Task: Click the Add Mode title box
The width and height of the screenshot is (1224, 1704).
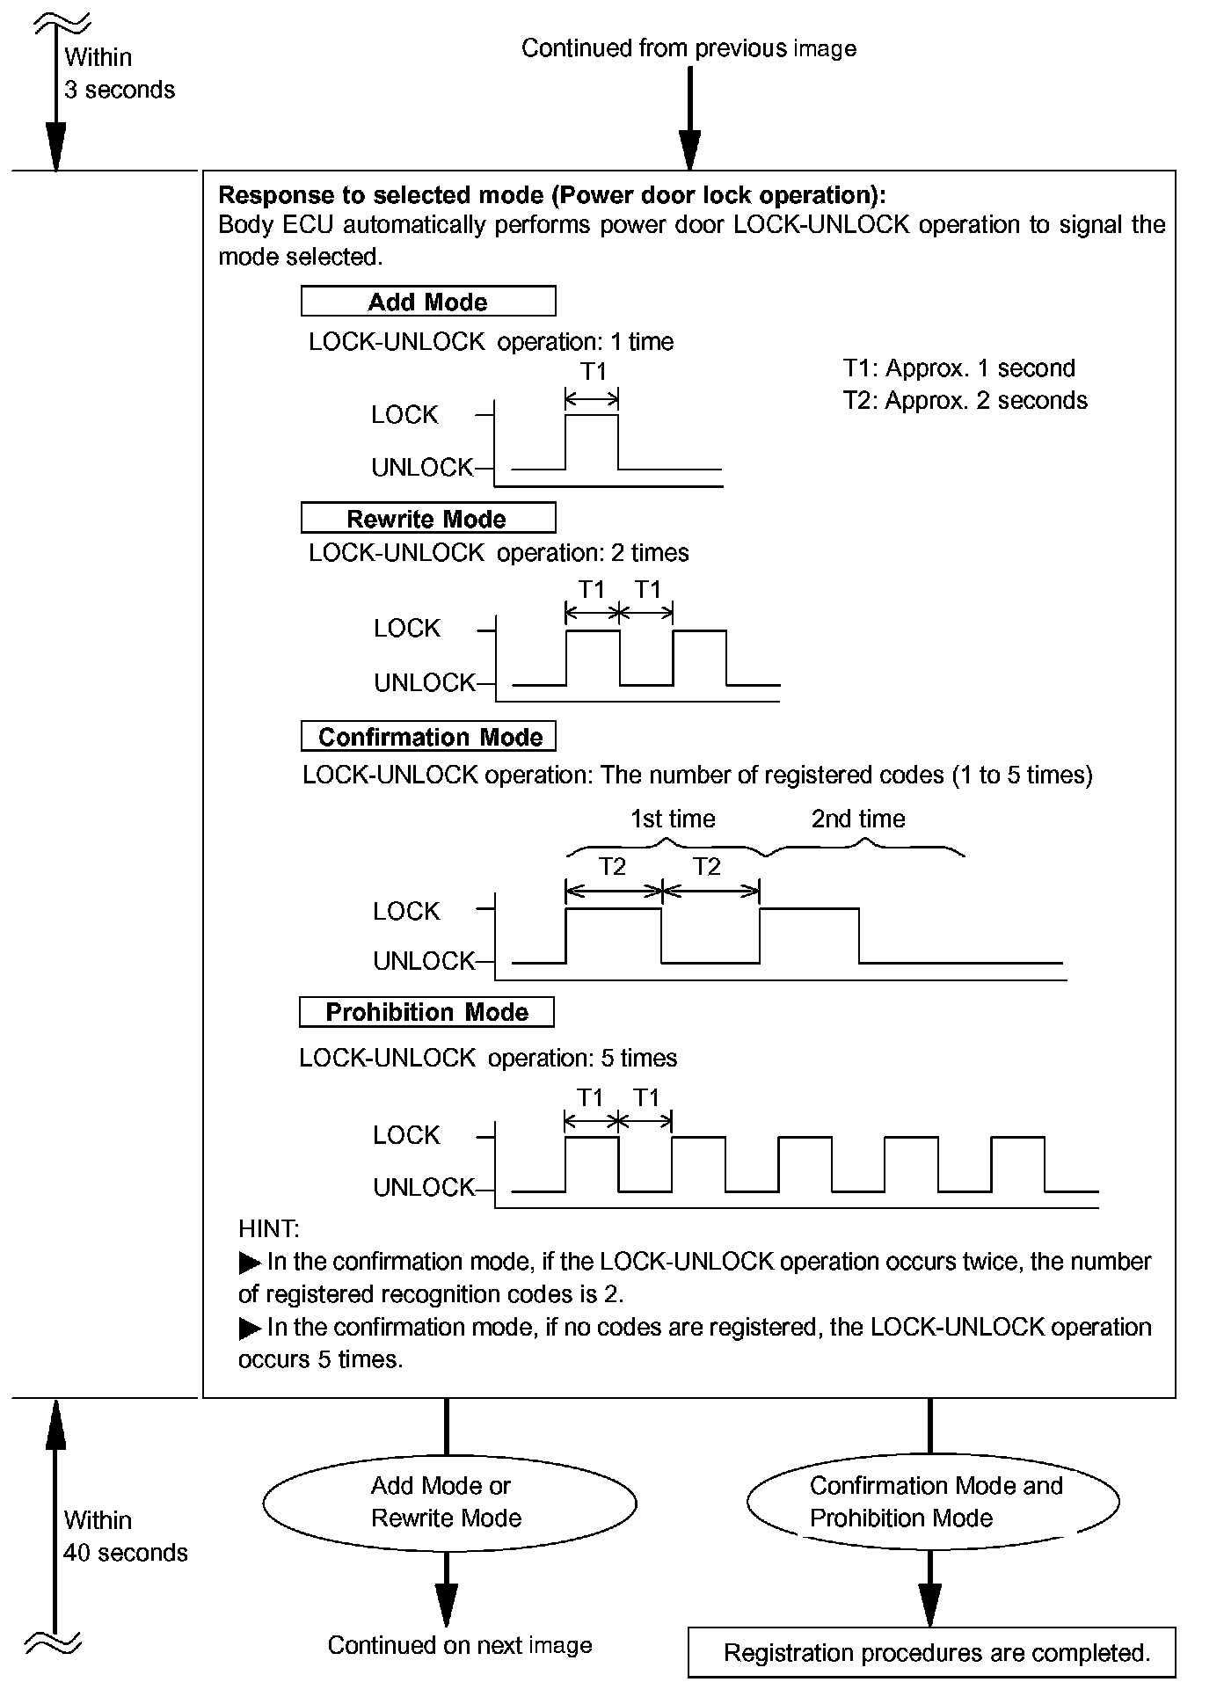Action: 428,302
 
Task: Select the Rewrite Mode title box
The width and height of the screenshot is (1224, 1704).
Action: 428,518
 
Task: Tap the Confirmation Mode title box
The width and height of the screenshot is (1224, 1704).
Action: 429,737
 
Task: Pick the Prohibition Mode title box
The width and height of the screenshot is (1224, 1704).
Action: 426,1012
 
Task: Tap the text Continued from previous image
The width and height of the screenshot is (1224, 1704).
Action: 688,48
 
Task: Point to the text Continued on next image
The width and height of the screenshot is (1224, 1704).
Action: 460,1645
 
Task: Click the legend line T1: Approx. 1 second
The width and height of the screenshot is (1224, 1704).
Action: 958,368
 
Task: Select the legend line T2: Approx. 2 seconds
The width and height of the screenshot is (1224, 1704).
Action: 965,401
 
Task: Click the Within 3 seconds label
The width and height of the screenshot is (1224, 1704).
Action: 119,74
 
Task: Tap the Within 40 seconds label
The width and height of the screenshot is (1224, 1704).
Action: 124,1537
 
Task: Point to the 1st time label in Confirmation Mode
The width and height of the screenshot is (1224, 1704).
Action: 673,819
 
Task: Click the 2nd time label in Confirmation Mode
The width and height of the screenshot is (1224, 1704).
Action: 857,819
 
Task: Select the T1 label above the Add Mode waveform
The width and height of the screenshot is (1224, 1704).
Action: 594,372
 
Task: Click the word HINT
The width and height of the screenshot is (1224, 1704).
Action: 268,1229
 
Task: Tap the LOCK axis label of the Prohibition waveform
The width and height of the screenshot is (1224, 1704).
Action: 405,1135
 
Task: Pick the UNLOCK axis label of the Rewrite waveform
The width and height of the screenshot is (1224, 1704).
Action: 424,683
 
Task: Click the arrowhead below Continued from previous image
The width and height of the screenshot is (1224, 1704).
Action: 689,149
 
